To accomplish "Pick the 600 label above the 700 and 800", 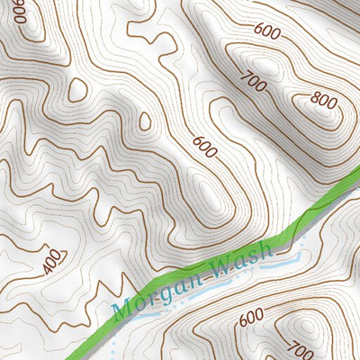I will [267, 30].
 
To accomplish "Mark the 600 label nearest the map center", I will [204, 147].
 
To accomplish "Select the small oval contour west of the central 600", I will [145, 121].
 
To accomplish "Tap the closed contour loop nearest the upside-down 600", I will [77, 88].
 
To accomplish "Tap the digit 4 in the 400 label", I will [47, 265].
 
